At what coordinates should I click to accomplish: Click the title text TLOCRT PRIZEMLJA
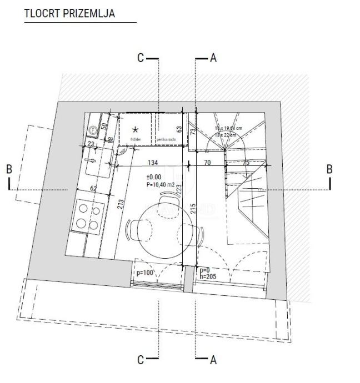click(70, 13)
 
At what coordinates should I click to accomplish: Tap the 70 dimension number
click(207, 163)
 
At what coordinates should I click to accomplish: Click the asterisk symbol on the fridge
click(135, 130)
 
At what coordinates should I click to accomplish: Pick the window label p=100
click(144, 273)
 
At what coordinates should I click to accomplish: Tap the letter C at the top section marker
click(141, 57)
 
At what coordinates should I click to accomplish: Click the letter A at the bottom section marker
click(213, 361)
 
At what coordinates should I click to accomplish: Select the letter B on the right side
click(329, 169)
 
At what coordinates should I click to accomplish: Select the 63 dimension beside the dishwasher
click(179, 130)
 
